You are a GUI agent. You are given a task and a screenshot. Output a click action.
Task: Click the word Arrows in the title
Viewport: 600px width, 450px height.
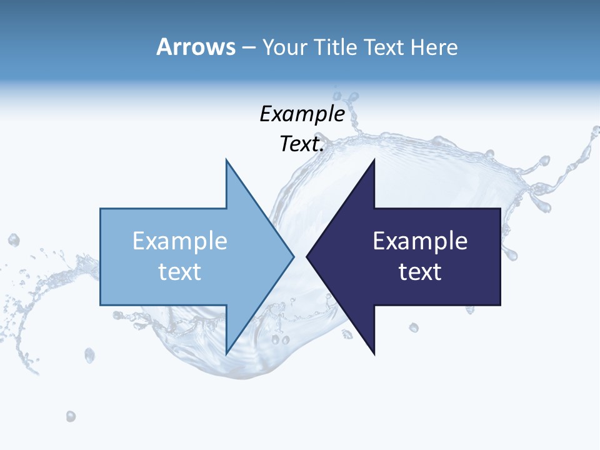pos(196,47)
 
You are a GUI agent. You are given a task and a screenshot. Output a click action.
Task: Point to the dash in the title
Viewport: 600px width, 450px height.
pos(247,47)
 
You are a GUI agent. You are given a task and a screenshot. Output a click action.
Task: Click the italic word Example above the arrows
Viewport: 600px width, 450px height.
pos(302,114)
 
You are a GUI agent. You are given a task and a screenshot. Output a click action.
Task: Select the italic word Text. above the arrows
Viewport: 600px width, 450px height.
pos(302,144)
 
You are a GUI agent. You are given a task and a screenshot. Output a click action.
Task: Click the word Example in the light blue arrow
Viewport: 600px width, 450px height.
pos(180,241)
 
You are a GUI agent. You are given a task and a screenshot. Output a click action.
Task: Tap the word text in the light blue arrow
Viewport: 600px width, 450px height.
pos(180,272)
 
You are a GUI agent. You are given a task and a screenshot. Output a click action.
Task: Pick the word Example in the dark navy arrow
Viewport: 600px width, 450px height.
pos(420,241)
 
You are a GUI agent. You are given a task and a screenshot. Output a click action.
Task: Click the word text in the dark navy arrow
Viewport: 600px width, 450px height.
pos(420,272)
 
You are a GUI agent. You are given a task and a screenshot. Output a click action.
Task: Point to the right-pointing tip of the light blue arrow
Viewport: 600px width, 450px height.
pos(293,256)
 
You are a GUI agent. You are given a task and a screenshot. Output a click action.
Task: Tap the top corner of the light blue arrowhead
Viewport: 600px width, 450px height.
pos(226,160)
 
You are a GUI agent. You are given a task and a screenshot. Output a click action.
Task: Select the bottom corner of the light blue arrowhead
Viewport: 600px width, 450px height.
pos(226,353)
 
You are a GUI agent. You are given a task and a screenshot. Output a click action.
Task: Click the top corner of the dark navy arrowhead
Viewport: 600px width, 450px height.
pos(374,160)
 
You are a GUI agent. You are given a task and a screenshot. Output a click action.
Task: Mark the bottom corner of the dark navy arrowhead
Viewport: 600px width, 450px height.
pos(374,353)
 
